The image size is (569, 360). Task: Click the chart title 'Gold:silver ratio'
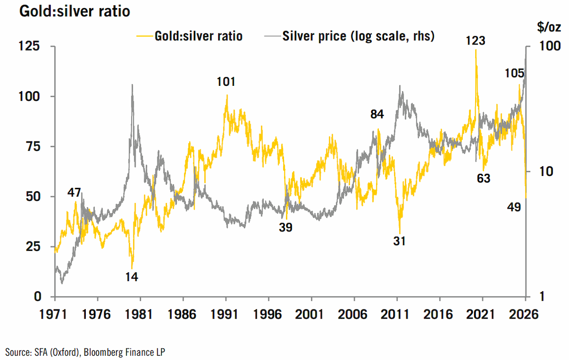[75, 11]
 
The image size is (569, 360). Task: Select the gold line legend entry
[189, 36]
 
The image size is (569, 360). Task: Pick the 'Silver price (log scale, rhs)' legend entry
[349, 36]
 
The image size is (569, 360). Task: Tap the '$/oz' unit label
[549, 27]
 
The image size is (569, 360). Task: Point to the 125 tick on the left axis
[29, 46]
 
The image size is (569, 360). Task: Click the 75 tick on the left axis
[33, 147]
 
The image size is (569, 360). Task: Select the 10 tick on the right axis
[546, 172]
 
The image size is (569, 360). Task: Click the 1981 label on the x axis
[138, 314]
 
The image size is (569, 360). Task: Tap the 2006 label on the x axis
[352, 314]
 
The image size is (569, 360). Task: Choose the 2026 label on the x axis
[523, 314]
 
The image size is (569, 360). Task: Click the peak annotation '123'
[476, 41]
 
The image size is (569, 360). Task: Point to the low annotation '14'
[132, 277]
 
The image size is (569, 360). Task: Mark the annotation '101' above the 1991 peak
[226, 82]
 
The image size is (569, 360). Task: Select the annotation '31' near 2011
[399, 241]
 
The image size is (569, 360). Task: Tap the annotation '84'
[377, 114]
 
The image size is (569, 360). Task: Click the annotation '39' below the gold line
[286, 227]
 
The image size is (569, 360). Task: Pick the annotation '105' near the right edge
[514, 74]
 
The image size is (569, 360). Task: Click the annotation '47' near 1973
[74, 193]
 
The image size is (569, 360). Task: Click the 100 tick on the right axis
[550, 46]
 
